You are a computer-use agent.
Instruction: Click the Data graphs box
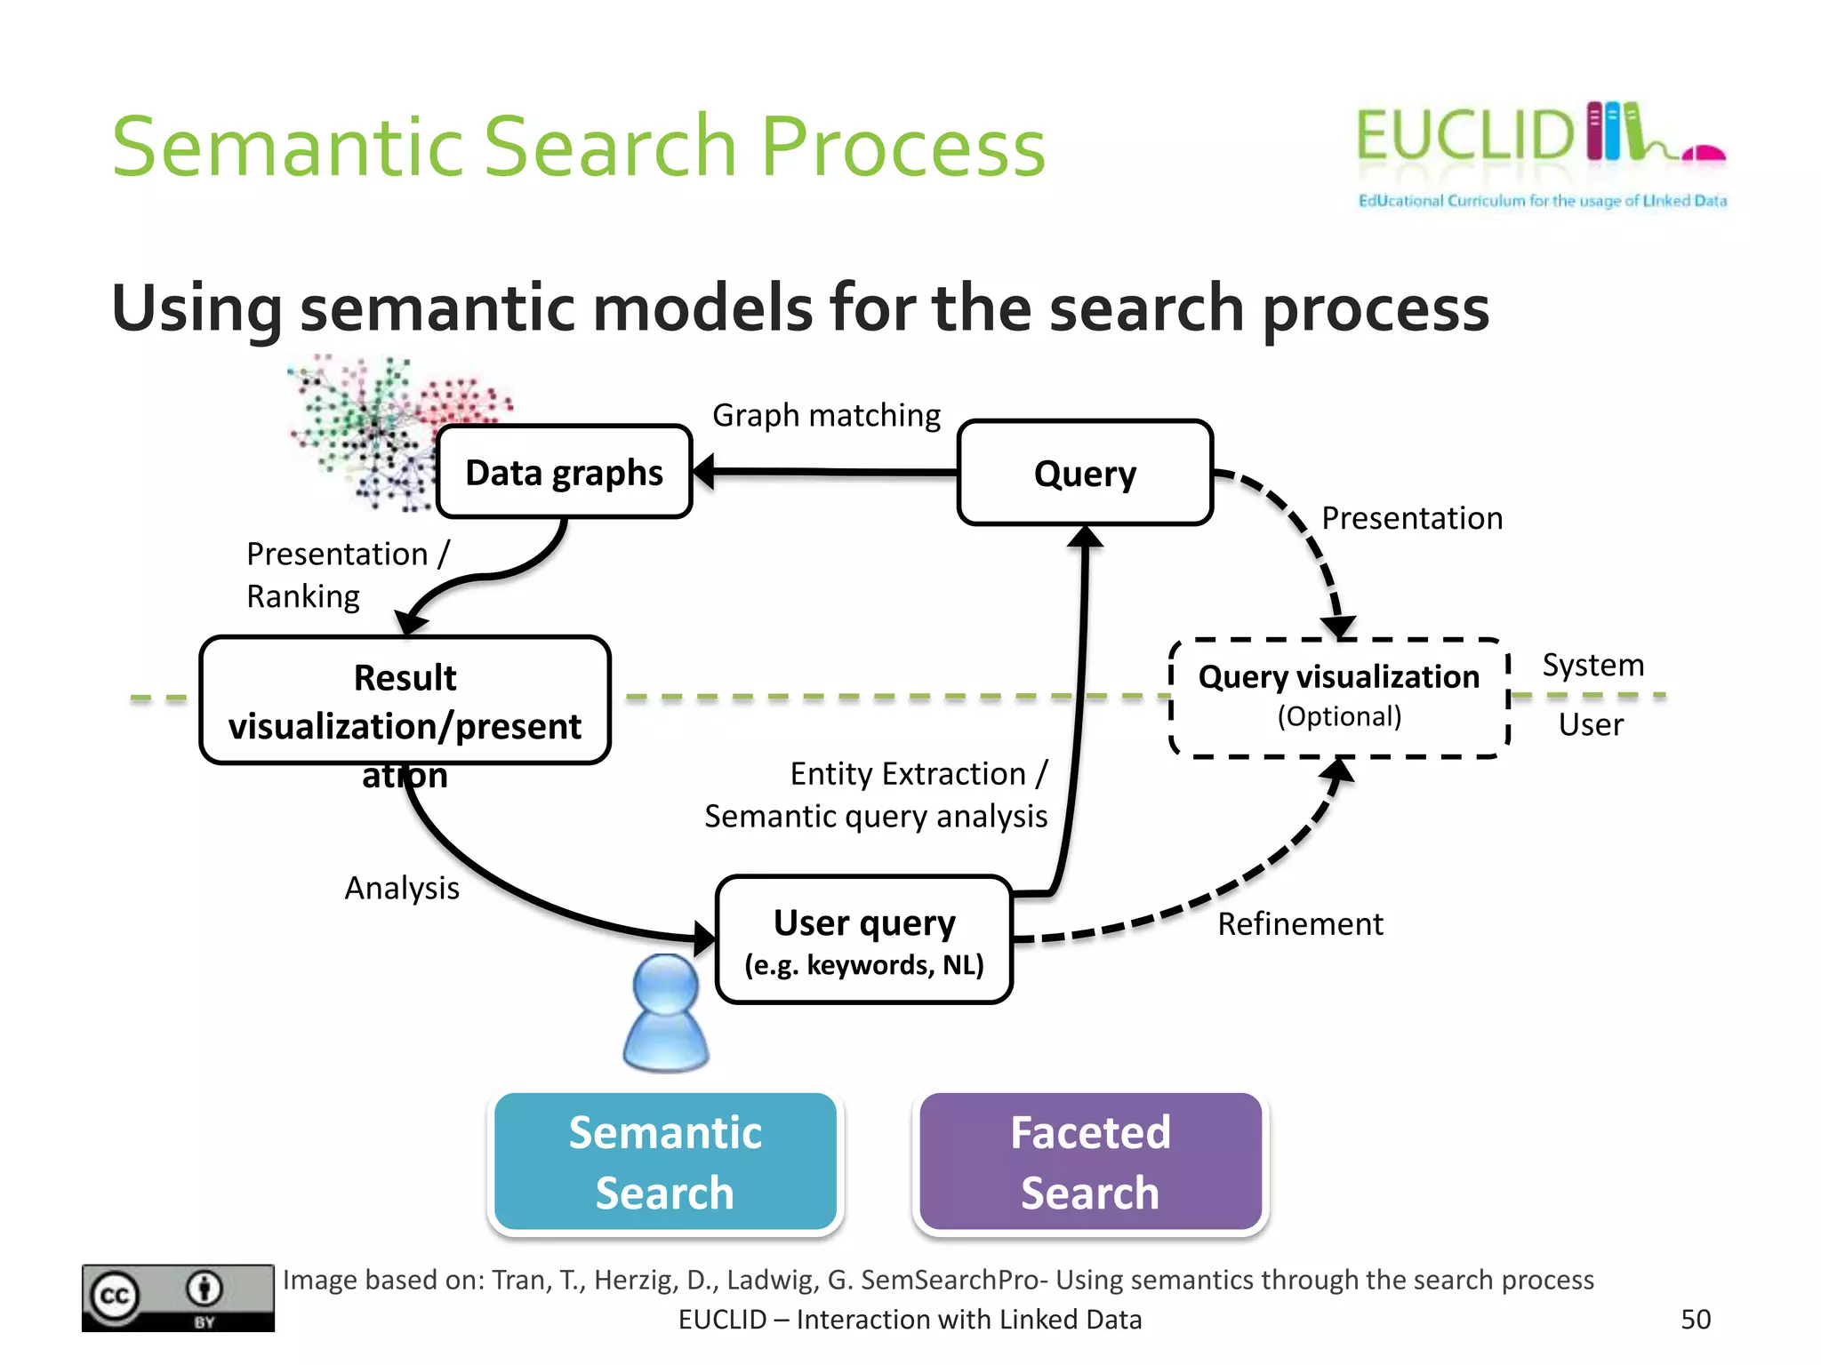coord(564,472)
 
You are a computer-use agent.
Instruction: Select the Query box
coord(1085,473)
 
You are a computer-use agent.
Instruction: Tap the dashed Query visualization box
coord(1338,697)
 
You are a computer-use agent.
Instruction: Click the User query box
coord(863,940)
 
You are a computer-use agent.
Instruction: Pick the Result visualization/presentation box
coord(405,701)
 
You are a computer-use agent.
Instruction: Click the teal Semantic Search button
coord(665,1161)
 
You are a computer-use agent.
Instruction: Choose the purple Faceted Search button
coord(1090,1161)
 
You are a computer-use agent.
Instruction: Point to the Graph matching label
coord(826,415)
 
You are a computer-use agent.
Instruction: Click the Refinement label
coord(1299,924)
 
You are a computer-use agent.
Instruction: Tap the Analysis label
coord(402,888)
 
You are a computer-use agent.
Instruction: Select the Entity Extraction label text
coord(919,774)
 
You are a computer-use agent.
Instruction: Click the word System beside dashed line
coord(1592,665)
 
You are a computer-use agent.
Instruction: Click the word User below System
coord(1590,724)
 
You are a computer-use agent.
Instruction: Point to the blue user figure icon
coord(666,1013)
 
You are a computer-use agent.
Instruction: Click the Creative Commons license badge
coord(178,1297)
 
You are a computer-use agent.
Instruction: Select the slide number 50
coord(1695,1319)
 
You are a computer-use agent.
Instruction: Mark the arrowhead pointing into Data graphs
coord(703,472)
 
